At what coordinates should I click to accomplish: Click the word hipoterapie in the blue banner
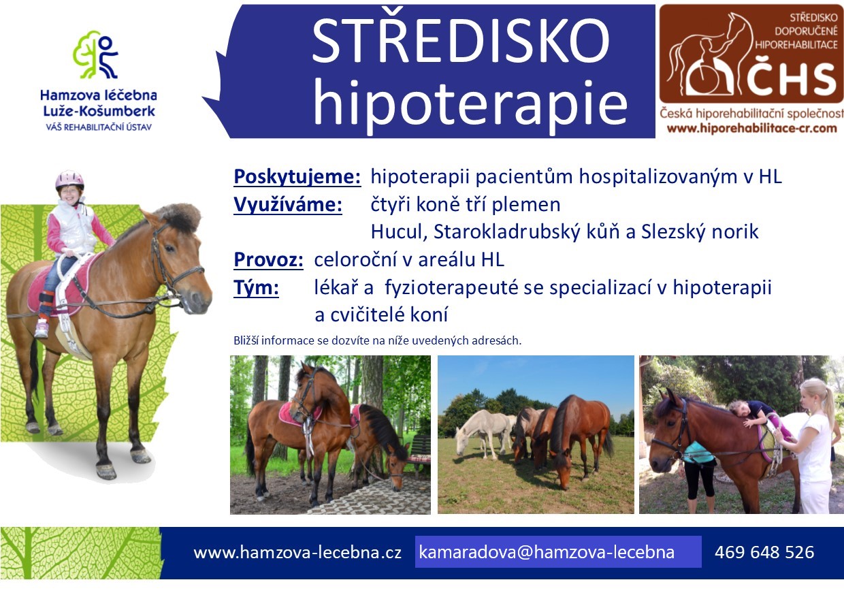(x=470, y=104)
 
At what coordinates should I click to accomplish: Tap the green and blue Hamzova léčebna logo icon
(x=96, y=54)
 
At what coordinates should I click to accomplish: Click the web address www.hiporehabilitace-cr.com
(x=751, y=128)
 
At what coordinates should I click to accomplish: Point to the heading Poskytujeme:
(x=297, y=177)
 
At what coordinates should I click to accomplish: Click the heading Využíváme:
(x=288, y=205)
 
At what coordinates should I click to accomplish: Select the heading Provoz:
(x=268, y=259)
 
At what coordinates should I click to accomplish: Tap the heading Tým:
(x=256, y=287)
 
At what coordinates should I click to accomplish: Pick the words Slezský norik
(x=700, y=231)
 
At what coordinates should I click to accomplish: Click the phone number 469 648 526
(x=764, y=552)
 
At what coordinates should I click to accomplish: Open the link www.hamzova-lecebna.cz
(x=297, y=553)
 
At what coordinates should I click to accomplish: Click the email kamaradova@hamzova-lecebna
(x=547, y=552)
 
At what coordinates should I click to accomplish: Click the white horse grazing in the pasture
(x=483, y=434)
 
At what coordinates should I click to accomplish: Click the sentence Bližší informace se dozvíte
(x=377, y=340)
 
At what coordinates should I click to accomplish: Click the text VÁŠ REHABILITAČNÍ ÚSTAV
(x=99, y=127)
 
